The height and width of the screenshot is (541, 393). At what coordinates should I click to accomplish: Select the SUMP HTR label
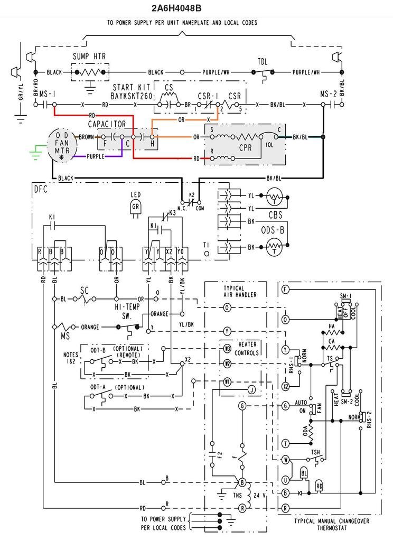pos(88,56)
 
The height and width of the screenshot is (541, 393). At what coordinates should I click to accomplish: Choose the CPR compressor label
pos(245,148)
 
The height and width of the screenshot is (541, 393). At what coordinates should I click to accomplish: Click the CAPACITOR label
pos(107,124)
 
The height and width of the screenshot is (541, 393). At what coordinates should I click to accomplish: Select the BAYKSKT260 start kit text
pos(130,96)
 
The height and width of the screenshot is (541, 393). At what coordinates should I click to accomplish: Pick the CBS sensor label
pos(275,216)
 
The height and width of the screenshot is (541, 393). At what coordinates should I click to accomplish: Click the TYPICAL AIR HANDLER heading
pos(234,292)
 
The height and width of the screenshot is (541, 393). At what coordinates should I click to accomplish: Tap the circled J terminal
pos(252,390)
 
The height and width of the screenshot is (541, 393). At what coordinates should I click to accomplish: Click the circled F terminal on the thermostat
pos(286,289)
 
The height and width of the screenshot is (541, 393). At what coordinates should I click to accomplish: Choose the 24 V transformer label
pos(259,496)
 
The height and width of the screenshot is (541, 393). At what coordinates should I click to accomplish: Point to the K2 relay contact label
pos(193,195)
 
